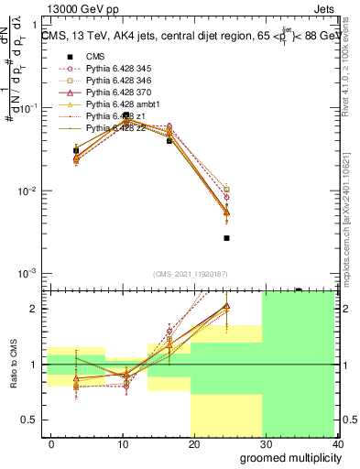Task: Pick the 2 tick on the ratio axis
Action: pos(37,309)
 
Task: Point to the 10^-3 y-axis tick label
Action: pos(27,274)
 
